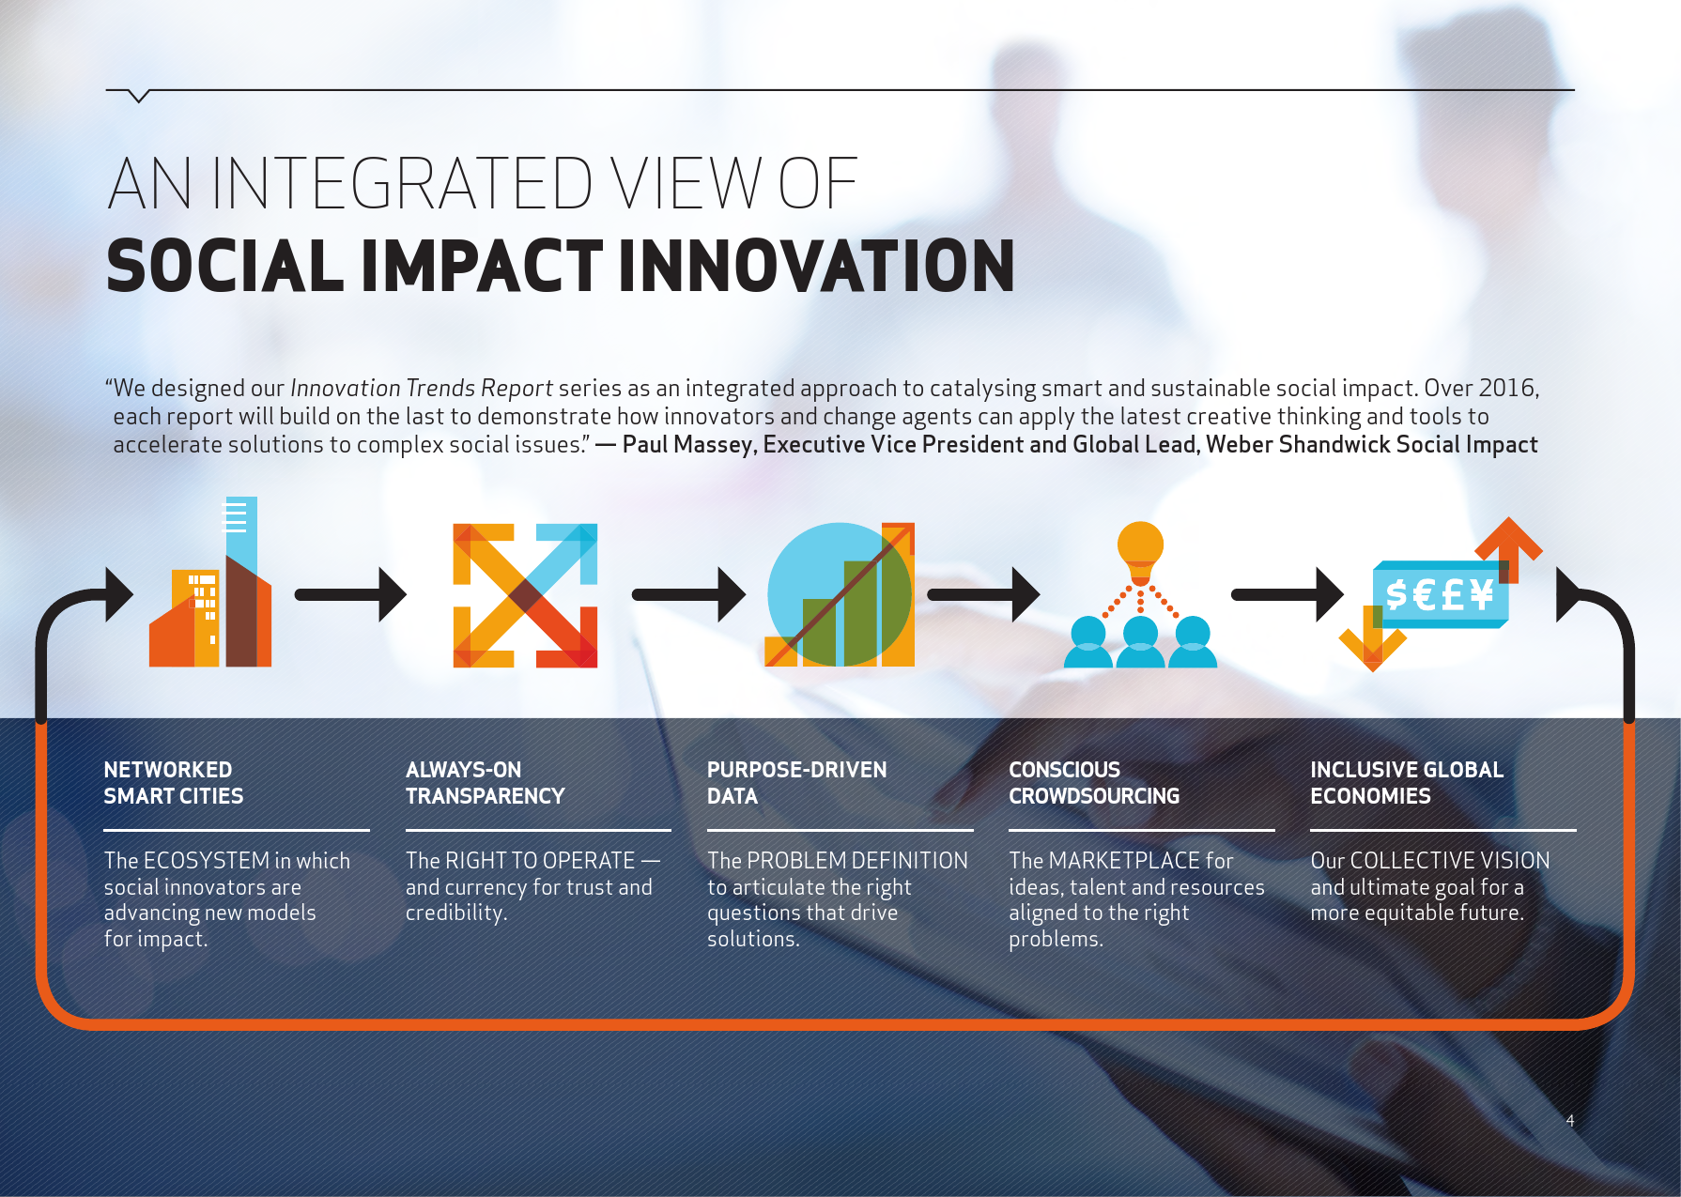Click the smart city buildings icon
[210, 582]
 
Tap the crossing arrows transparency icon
[525, 595]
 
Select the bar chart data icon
[840, 594]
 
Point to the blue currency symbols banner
[1441, 594]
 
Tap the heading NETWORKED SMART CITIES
[174, 783]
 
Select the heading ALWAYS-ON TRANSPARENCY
[485, 783]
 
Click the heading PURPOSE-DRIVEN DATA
[796, 783]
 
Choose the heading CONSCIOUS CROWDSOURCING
[1094, 783]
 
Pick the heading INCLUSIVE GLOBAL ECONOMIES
[1407, 783]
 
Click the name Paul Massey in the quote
[688, 444]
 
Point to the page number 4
[1570, 1120]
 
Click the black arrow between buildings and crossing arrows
[350, 594]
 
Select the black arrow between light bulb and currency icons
[1288, 594]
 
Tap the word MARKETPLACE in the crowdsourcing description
[1124, 861]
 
